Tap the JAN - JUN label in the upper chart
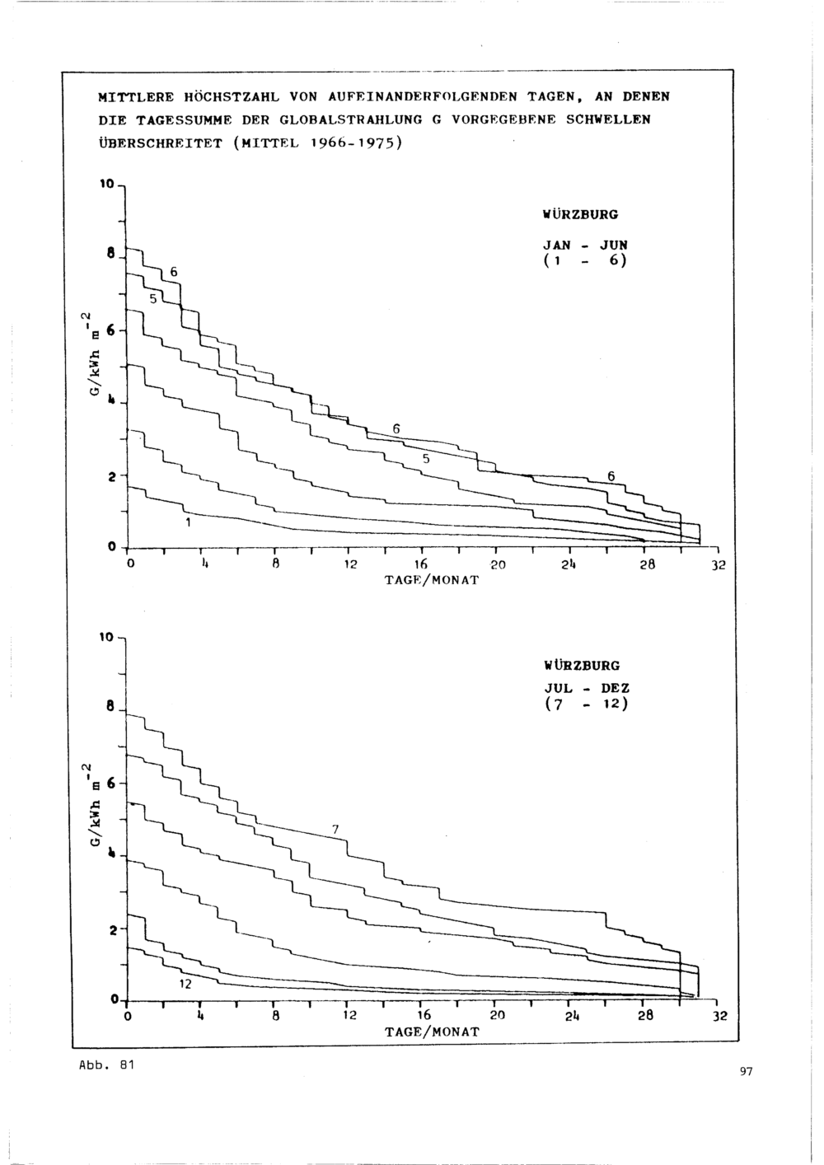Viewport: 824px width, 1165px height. (585, 245)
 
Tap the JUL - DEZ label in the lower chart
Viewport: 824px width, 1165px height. (587, 688)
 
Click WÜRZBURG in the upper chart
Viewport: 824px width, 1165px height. (581, 214)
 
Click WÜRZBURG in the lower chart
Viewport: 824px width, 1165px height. (582, 665)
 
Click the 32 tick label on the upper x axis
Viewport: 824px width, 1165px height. (719, 565)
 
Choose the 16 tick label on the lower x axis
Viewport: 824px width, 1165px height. (424, 1015)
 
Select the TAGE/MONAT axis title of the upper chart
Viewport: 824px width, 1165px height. (431, 580)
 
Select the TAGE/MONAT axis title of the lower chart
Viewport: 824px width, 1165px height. (431, 1032)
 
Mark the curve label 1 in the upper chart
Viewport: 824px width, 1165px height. (189, 523)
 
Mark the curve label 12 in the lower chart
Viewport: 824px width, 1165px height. (185, 984)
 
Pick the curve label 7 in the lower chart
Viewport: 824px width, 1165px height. (335, 830)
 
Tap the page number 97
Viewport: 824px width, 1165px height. (746, 1072)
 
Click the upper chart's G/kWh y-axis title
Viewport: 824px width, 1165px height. (94, 353)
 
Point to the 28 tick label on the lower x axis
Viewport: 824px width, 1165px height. (645, 1015)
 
